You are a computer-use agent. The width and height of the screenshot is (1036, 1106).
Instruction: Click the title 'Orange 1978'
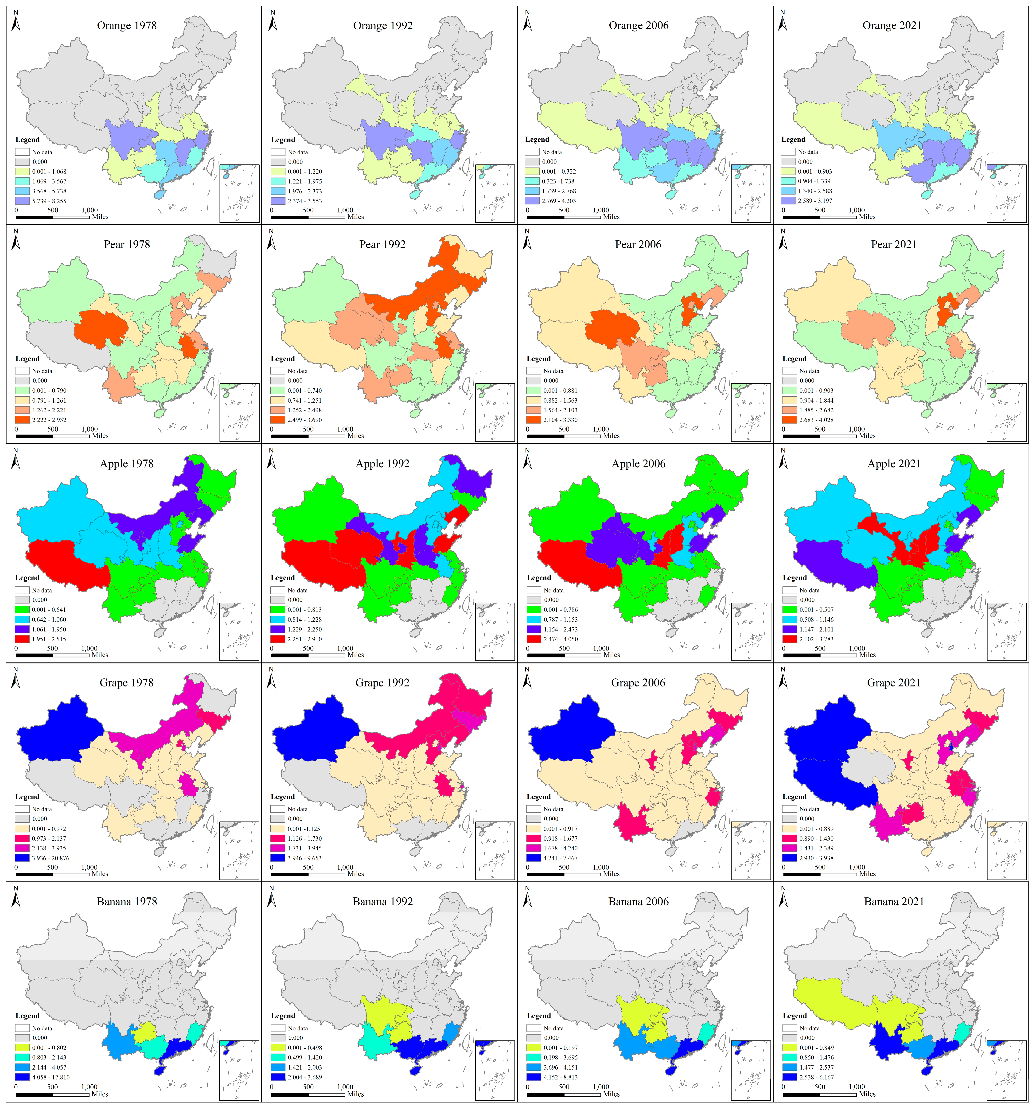click(x=127, y=26)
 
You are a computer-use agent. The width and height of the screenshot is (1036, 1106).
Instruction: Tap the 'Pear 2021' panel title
click(x=894, y=245)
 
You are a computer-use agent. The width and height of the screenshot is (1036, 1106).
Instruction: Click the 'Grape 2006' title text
click(x=638, y=683)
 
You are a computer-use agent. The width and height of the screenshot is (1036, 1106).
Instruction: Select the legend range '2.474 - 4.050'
click(x=561, y=639)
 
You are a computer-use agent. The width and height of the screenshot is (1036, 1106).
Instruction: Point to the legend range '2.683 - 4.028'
click(x=816, y=420)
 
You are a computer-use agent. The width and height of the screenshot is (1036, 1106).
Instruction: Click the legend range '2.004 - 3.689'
click(x=305, y=1078)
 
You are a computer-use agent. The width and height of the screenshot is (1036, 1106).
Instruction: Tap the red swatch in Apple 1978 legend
click(x=22, y=639)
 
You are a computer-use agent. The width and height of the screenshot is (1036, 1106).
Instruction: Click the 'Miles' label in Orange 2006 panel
click(x=611, y=217)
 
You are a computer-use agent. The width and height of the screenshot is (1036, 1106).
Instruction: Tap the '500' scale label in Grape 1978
click(x=52, y=867)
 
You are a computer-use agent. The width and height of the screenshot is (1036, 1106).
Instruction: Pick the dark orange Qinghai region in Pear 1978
click(x=101, y=328)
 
